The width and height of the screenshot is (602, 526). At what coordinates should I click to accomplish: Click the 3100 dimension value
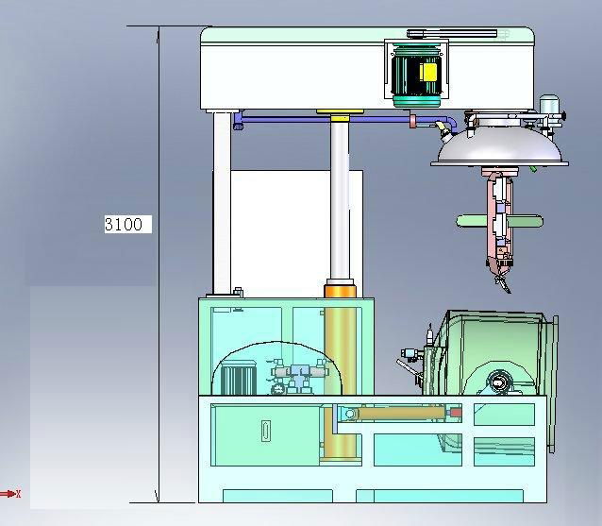(124, 224)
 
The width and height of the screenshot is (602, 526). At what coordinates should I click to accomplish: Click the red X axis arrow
(10, 494)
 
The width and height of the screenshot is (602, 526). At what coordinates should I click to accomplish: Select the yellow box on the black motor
(428, 72)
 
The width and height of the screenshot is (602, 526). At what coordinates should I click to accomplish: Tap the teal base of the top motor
(416, 101)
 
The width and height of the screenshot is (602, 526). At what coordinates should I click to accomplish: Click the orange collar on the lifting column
(341, 291)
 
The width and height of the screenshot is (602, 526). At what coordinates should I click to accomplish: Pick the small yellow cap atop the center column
(340, 119)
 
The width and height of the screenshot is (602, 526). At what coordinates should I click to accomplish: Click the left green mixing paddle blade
(472, 221)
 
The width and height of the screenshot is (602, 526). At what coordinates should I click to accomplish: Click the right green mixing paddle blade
(525, 222)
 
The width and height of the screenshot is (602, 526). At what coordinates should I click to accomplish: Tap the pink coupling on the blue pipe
(412, 120)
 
